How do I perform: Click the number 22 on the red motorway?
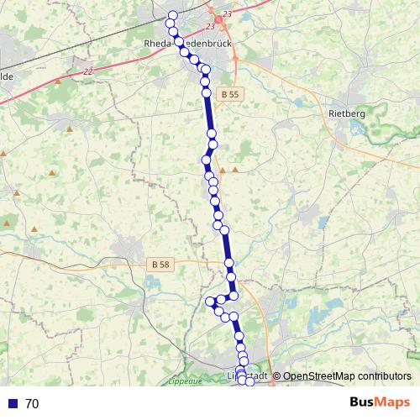coord(89,72)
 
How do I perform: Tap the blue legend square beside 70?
coord(12,404)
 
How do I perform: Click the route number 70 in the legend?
coord(32,404)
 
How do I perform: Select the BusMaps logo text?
coord(381,402)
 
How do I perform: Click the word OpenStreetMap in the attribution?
coord(315,376)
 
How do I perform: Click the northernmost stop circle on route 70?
coord(173,15)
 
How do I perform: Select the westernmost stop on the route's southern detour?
coord(210,302)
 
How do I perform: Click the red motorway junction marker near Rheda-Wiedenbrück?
coord(219,18)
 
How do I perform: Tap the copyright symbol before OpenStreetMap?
coord(276,376)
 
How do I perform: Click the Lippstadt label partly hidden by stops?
coord(248,375)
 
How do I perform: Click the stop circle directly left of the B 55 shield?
coord(206,92)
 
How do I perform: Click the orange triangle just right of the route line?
coord(235,170)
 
